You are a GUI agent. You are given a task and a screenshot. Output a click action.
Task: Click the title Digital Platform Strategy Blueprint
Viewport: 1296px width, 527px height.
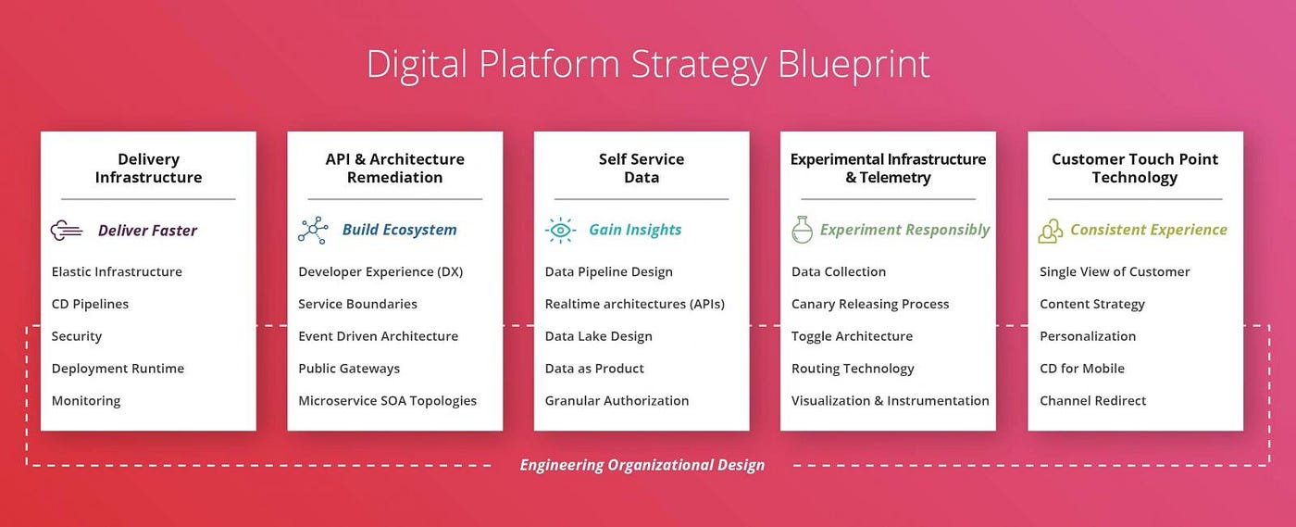click(x=648, y=65)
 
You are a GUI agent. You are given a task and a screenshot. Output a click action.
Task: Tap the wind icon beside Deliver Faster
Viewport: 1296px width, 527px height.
click(x=67, y=231)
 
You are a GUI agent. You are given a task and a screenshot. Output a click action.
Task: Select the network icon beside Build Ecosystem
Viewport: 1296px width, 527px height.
click(x=313, y=230)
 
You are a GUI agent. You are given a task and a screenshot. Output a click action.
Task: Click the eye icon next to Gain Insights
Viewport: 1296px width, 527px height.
click(x=560, y=231)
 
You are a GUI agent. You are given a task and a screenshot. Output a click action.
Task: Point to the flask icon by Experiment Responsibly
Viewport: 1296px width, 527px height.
click(x=802, y=230)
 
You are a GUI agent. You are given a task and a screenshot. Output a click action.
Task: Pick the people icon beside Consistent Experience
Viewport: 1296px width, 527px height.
click(x=1050, y=231)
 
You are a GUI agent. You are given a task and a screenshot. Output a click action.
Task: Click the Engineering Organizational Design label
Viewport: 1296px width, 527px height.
click(x=642, y=465)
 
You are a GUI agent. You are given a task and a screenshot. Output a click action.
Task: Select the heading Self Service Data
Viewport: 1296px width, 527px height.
click(x=642, y=168)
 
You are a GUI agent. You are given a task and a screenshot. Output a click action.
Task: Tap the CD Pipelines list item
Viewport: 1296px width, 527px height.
click(x=91, y=304)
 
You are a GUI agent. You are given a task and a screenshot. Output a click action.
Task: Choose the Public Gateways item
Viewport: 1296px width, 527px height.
click(x=349, y=369)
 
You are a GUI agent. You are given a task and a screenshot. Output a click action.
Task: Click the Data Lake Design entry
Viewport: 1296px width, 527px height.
click(x=598, y=336)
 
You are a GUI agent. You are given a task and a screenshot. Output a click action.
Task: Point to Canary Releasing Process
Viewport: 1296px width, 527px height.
click(x=870, y=304)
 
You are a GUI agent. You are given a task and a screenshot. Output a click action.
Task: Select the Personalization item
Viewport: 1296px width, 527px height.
click(x=1088, y=336)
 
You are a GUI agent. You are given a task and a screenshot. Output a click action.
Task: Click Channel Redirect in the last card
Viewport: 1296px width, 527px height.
click(x=1093, y=401)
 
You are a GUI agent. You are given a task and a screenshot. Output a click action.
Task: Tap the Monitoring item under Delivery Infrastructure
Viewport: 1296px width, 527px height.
click(x=86, y=401)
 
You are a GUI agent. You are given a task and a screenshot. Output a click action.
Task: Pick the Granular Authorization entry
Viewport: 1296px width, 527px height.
click(x=617, y=401)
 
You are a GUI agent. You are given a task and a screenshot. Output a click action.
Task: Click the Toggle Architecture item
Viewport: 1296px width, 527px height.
click(x=852, y=336)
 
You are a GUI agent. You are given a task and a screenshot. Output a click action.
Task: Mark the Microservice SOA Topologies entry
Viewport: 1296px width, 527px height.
click(x=387, y=401)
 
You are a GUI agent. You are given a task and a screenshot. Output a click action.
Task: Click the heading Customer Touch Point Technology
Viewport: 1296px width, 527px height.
click(x=1135, y=168)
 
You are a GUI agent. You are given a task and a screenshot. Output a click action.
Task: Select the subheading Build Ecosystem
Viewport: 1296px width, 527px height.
click(x=399, y=230)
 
